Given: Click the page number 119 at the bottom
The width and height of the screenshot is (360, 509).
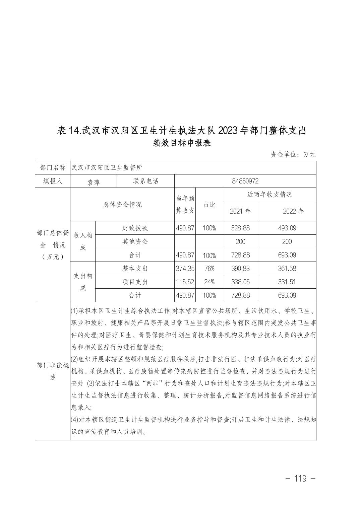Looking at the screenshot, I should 300,479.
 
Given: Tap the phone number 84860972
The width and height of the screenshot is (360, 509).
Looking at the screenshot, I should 245,181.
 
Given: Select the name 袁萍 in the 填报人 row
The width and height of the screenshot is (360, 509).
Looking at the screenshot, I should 93,182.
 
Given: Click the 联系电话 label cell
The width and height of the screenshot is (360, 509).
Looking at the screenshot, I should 145,181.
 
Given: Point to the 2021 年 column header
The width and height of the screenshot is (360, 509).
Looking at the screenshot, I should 240,211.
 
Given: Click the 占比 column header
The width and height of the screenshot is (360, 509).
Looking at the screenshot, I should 209,205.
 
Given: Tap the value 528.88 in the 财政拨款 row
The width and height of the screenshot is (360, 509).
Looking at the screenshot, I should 240,228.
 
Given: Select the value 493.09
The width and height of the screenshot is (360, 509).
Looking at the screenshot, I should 287,228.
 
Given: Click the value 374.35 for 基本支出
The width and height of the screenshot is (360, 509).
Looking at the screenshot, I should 185,269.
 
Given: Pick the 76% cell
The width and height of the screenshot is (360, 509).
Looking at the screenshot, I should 209,269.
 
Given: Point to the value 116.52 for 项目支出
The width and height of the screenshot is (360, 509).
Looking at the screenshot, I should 185,282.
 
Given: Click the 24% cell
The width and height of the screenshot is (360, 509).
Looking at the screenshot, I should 209,282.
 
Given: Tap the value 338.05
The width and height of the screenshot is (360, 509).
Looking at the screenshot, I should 240,282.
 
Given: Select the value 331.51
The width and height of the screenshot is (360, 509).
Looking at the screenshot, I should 287,282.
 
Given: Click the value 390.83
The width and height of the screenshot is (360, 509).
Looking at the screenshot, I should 240,269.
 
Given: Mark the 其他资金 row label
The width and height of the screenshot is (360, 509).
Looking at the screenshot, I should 135,241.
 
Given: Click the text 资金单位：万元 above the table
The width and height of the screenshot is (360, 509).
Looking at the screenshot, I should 293,154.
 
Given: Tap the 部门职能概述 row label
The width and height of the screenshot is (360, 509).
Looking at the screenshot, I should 52,371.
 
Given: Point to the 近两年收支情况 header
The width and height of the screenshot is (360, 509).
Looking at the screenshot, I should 269,195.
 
